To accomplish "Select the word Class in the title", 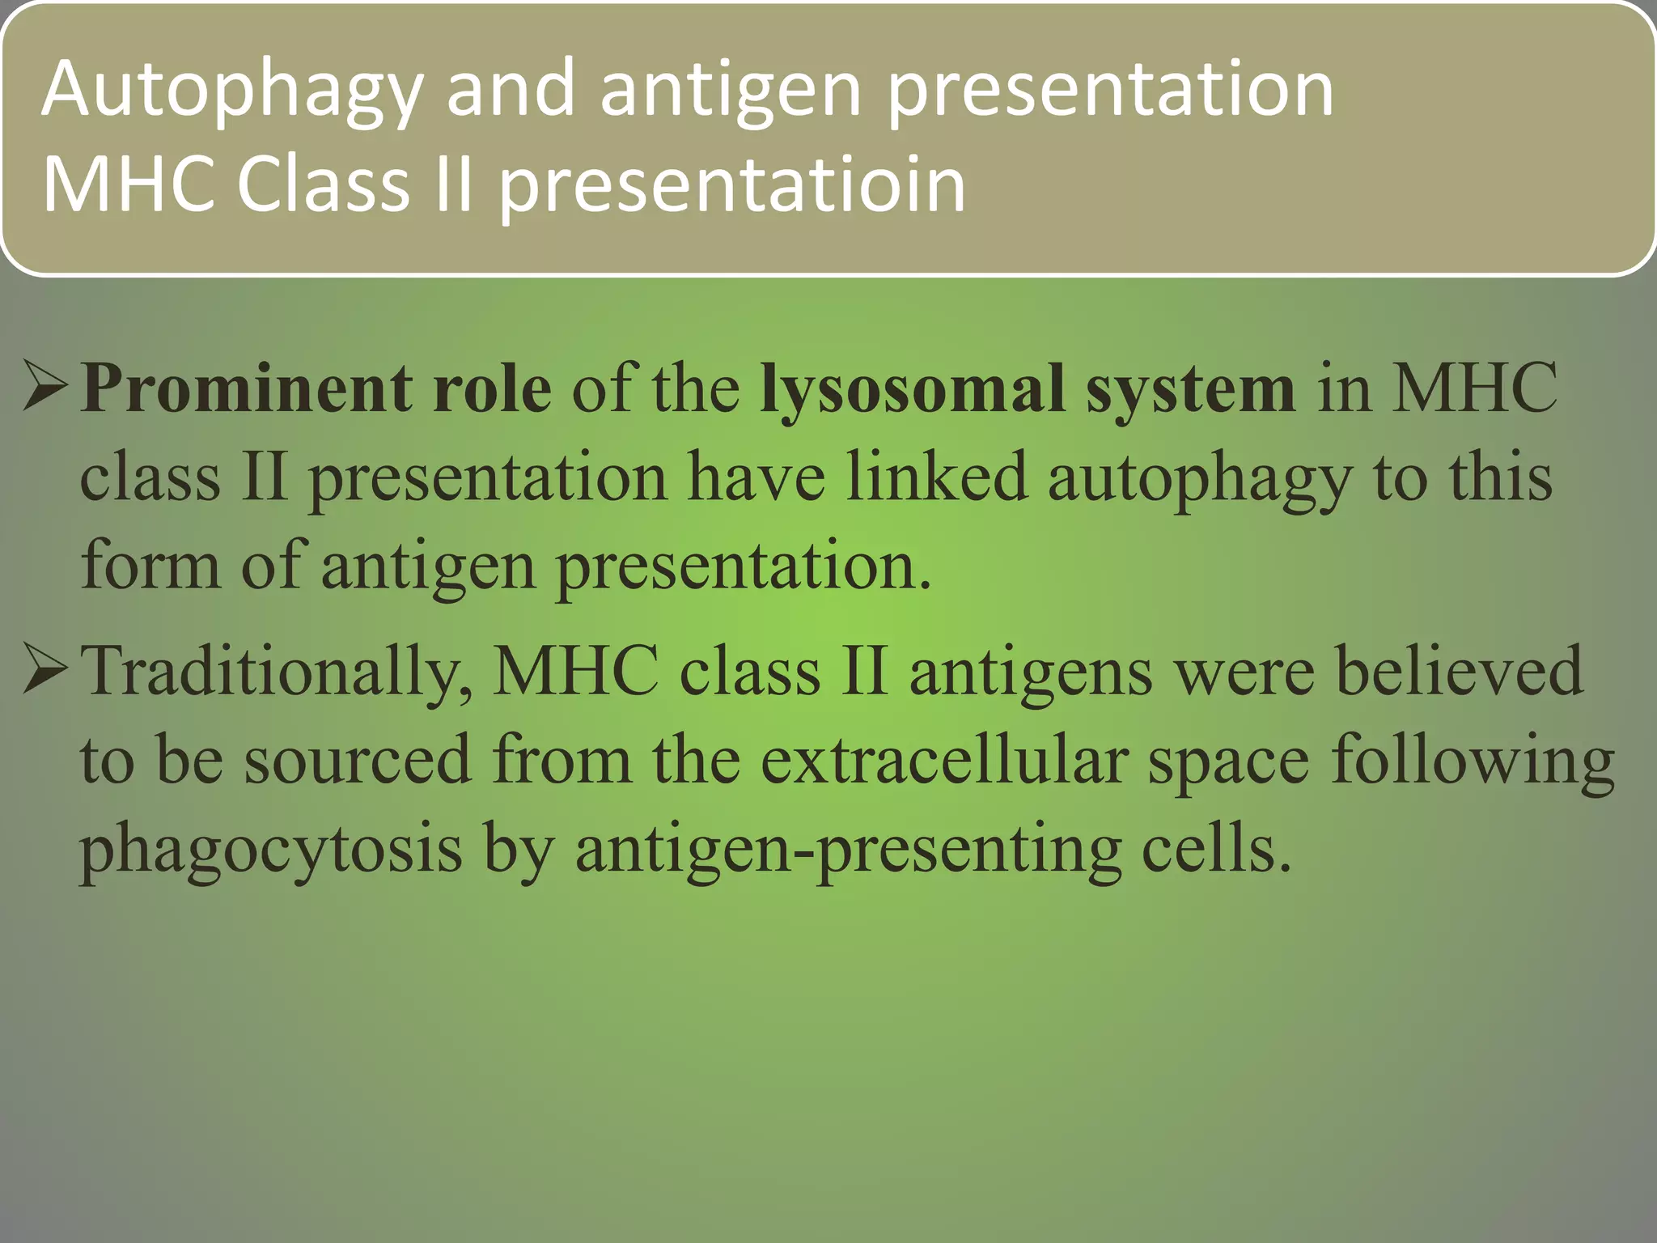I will coord(323,185).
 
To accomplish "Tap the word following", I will coord(1473,761).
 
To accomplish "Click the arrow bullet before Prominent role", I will coord(45,387).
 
